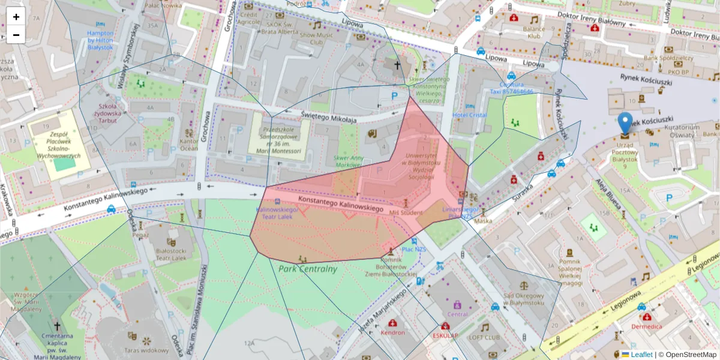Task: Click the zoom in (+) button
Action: (x=16, y=17)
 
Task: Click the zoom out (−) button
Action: (x=16, y=35)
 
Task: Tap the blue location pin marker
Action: (x=625, y=123)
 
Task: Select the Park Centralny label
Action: (x=308, y=269)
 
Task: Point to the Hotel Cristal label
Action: (x=470, y=115)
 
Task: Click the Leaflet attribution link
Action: (x=641, y=355)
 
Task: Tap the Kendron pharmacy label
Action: (x=393, y=332)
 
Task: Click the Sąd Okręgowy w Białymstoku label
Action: (x=524, y=299)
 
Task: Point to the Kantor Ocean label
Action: (x=188, y=145)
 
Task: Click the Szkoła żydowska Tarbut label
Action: (x=109, y=113)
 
